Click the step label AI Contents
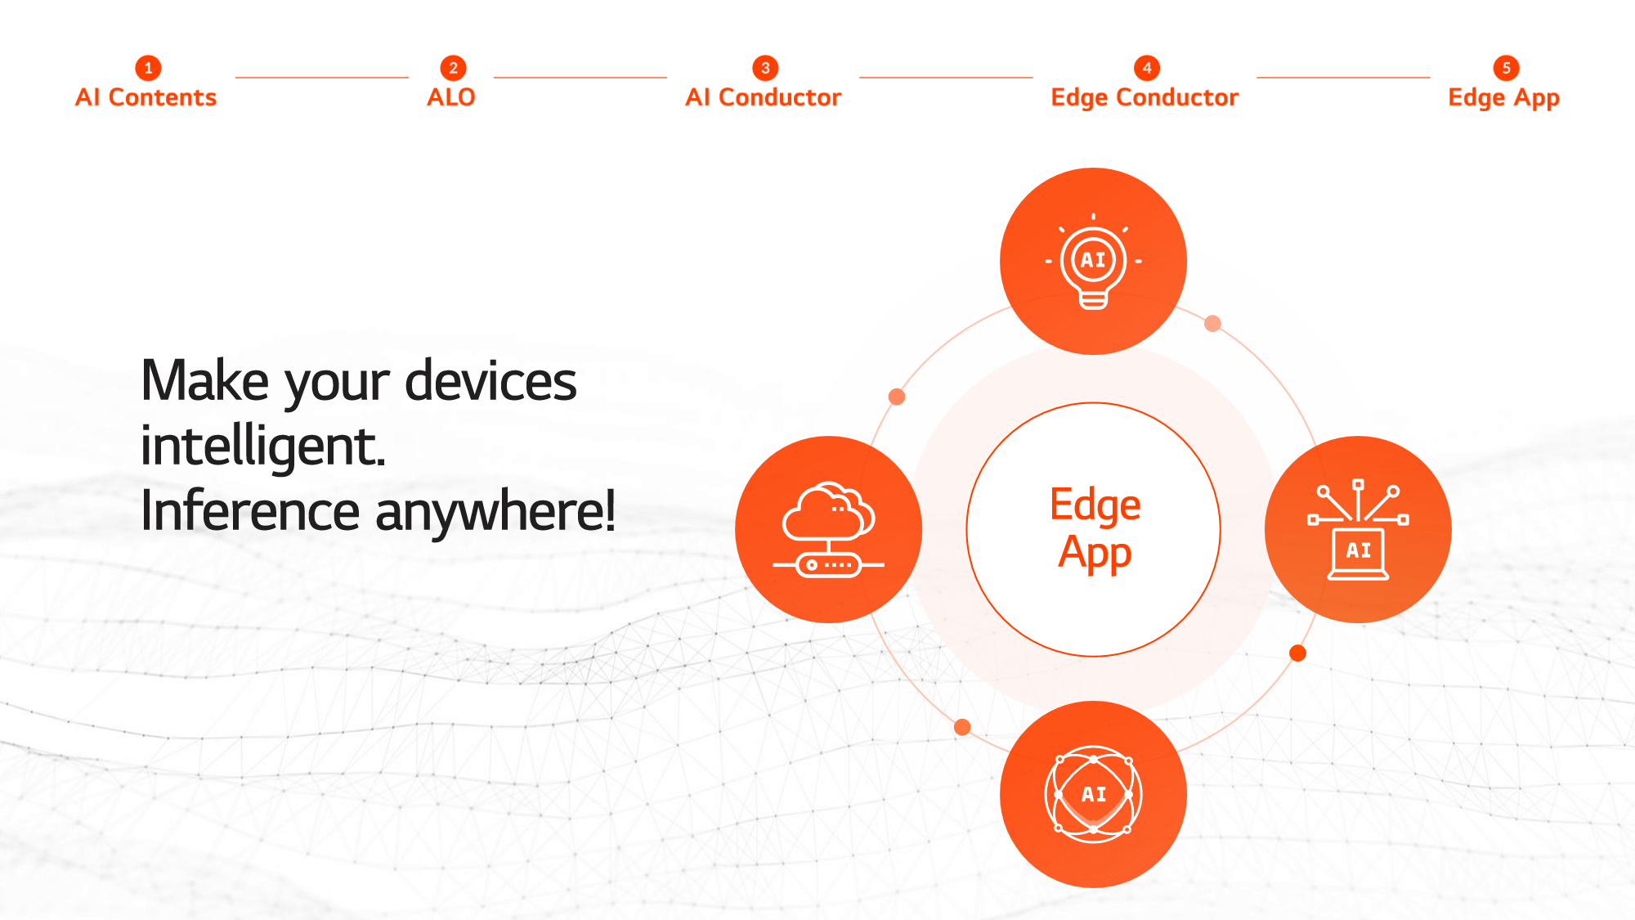pyautogui.click(x=146, y=97)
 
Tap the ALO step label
pyautogui.click(x=450, y=97)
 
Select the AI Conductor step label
pyautogui.click(x=763, y=97)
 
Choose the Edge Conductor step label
pyautogui.click(x=1144, y=97)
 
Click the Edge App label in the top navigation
pyautogui.click(x=1503, y=98)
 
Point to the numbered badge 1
pyautogui.click(x=148, y=68)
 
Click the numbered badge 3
pyautogui.click(x=765, y=68)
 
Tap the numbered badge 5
pyautogui.click(x=1506, y=68)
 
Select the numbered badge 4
pyautogui.click(x=1147, y=68)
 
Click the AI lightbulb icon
pyautogui.click(x=1093, y=261)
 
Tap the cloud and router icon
pyautogui.click(x=828, y=530)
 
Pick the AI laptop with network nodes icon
pyautogui.click(x=1358, y=530)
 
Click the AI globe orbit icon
pyautogui.click(x=1093, y=794)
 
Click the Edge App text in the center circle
pyautogui.click(x=1095, y=528)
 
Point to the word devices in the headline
pyautogui.click(x=490, y=381)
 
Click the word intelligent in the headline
pyautogui.click(x=262, y=447)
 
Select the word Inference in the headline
pyautogui.click(x=250, y=510)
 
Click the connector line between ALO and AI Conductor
pyautogui.click(x=580, y=78)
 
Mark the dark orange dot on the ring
pyautogui.click(x=1297, y=653)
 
